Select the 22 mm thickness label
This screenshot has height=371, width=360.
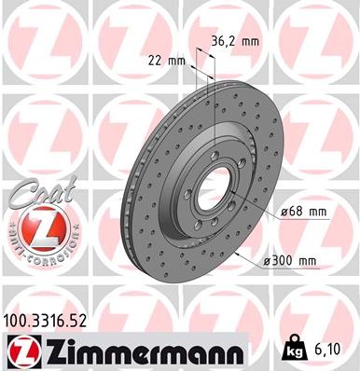(167, 62)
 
